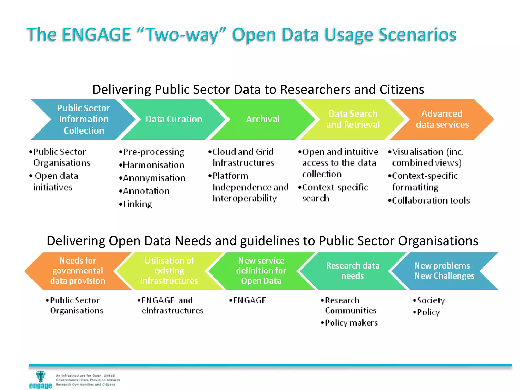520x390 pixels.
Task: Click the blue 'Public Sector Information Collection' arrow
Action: (x=84, y=119)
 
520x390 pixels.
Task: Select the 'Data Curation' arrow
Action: (x=174, y=119)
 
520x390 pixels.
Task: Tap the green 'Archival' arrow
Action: (x=263, y=119)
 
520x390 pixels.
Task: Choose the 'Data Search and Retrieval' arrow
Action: (x=353, y=119)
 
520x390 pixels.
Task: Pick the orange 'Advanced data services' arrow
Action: (x=442, y=119)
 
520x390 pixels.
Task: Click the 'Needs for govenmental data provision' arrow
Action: (x=77, y=271)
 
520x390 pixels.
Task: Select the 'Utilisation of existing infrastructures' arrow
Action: (x=169, y=271)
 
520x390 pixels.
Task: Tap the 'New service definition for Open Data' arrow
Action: (x=261, y=271)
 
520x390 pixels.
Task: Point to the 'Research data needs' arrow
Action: (x=352, y=271)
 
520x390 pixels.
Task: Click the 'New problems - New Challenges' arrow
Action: (x=444, y=271)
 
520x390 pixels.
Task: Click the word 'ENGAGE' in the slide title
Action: (x=96, y=35)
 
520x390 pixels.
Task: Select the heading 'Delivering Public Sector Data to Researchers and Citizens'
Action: (x=258, y=89)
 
